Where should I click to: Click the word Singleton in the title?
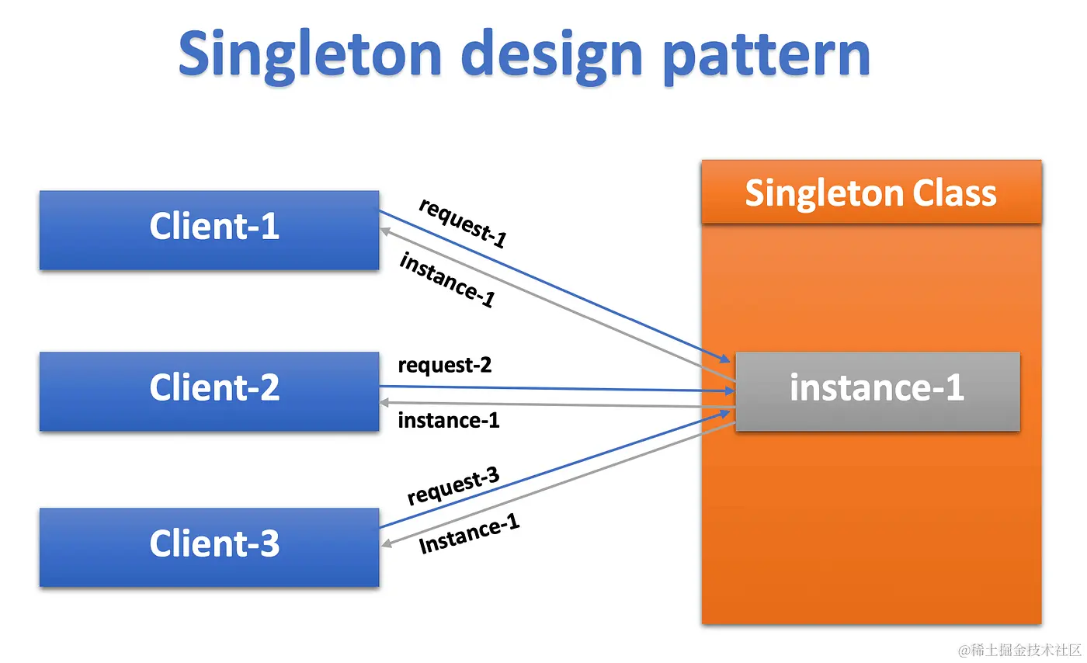pos(311,54)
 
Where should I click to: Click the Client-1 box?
pos(210,230)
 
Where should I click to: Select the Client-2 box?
pos(210,391)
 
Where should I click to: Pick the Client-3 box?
pos(210,547)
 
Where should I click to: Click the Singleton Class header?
pos(870,193)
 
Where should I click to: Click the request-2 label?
pos(444,365)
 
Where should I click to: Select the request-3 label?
pos(453,486)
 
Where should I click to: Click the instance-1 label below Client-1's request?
pos(446,280)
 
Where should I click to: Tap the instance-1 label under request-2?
pos(448,421)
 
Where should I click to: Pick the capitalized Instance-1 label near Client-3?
pos(469,536)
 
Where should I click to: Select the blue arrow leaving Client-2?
pos(559,388)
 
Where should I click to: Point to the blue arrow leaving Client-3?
pos(559,470)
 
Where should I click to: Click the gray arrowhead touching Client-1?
pos(385,229)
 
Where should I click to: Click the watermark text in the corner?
pos(1018,649)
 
